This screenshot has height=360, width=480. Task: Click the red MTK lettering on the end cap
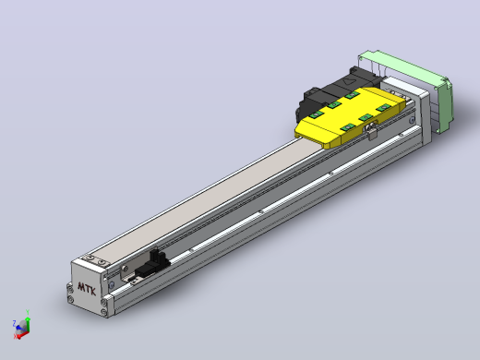pos(87,289)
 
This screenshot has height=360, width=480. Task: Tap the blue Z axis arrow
pos(19,329)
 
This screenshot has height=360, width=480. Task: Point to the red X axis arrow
pos(23,335)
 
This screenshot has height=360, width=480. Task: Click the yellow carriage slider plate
pos(350,117)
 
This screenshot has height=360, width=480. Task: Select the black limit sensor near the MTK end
pos(153,264)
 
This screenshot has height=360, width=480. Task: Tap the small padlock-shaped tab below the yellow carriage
pos(372,133)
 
